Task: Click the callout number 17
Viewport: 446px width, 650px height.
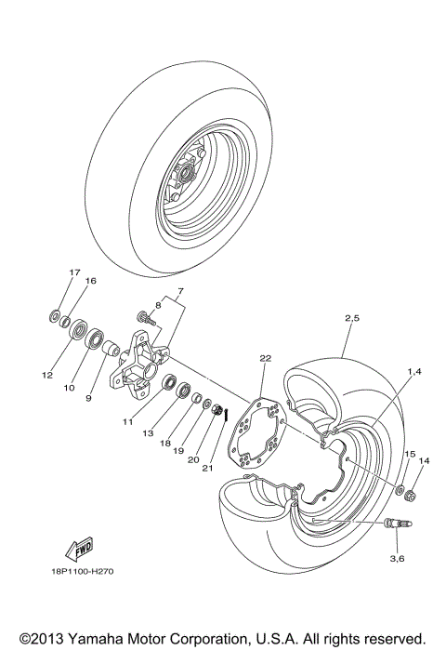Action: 75,272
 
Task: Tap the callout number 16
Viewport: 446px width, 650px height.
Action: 90,281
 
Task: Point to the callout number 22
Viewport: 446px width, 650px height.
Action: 265,358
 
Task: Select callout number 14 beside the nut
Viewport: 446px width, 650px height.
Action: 424,460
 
